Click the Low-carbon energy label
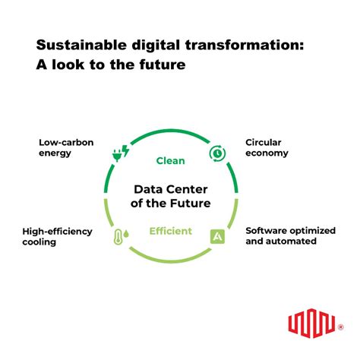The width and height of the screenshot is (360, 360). click(65, 147)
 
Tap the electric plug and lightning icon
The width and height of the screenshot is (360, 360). click(120, 152)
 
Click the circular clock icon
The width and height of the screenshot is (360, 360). click(216, 153)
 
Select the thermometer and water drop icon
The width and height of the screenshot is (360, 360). click(120, 235)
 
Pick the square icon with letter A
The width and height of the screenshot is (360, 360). click(216, 235)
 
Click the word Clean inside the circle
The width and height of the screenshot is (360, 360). click(171, 160)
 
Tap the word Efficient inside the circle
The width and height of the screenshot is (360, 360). click(170, 231)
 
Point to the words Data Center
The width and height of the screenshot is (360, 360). click(171, 190)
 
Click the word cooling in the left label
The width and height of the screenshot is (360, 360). click(41, 242)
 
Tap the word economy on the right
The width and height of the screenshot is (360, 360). click(267, 153)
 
